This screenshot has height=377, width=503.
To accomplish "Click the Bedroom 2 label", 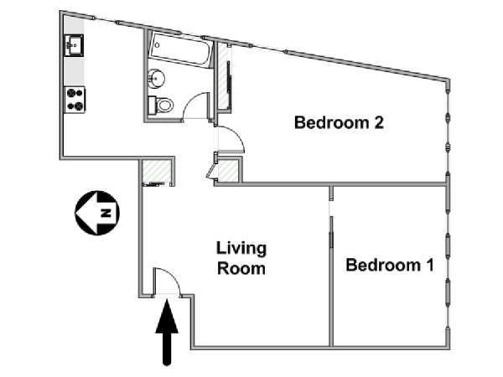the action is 339,123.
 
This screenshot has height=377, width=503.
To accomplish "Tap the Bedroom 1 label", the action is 390,265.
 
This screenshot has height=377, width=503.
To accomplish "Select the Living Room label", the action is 241,258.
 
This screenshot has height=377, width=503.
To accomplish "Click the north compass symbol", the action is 97,213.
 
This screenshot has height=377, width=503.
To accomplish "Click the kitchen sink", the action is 74,45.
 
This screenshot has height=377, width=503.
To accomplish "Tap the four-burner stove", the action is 75,100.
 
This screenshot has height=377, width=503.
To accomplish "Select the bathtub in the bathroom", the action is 180,49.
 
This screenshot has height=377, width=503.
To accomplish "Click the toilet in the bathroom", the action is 161,105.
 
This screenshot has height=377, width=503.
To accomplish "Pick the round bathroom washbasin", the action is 156,78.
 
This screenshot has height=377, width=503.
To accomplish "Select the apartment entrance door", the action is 167,281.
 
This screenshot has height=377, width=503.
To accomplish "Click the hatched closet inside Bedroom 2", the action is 224,77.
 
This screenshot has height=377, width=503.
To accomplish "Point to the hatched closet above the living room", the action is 157,171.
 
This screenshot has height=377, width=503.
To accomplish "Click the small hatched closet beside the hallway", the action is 228,171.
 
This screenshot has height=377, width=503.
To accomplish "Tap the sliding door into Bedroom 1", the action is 331,232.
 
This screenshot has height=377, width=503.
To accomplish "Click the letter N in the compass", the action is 106,213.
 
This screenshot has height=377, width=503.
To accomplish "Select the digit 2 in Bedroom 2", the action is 379,123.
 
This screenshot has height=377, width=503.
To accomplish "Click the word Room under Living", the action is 241,268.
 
